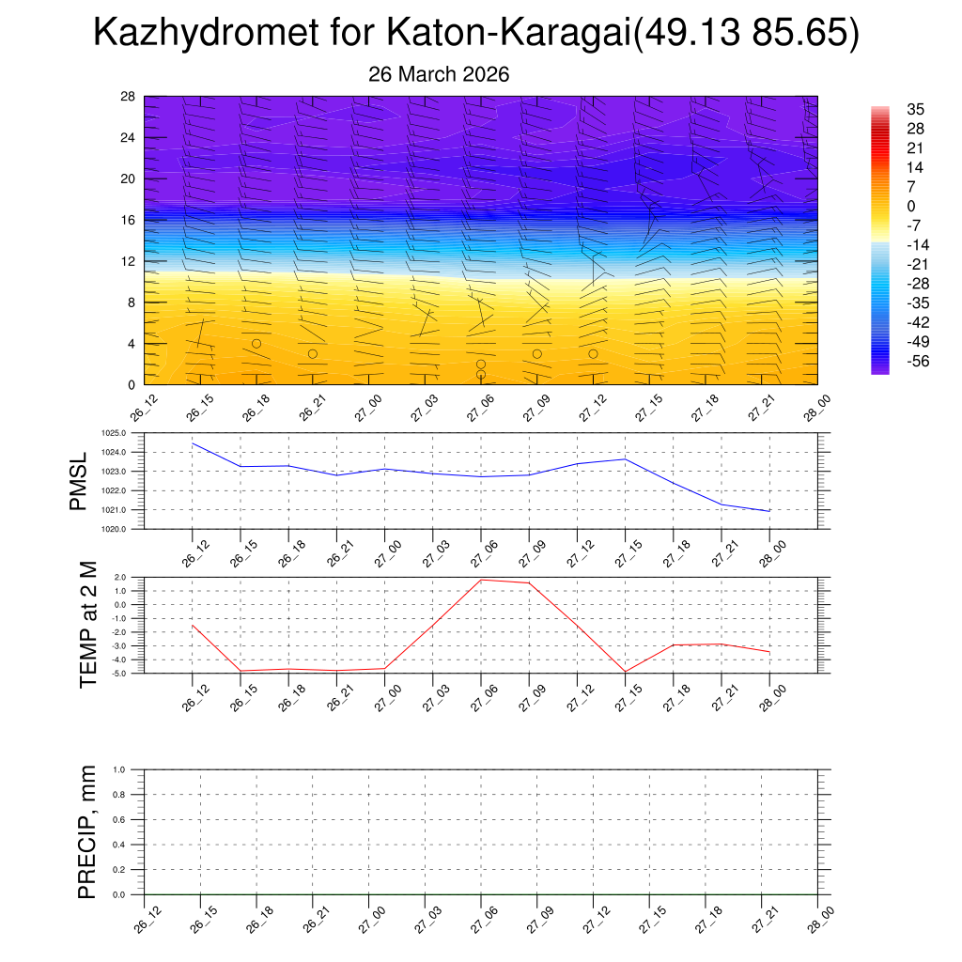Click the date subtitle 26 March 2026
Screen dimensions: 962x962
[x=440, y=74]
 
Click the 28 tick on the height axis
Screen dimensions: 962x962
[x=128, y=97]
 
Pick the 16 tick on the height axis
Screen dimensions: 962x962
[x=128, y=220]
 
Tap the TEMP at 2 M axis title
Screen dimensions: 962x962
[x=88, y=624]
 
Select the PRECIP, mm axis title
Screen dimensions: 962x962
[x=88, y=832]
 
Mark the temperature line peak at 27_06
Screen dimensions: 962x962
[x=481, y=580]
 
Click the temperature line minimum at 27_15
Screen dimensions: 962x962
[x=625, y=672]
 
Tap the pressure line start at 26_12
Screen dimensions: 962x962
[x=193, y=443]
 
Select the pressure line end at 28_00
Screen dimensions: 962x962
[x=769, y=511]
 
